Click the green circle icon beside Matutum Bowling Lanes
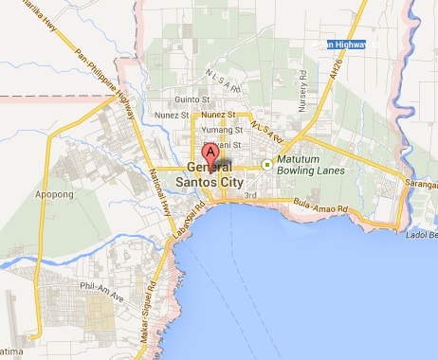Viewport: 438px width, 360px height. pyautogui.click(x=267, y=165)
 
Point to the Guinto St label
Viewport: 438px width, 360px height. pyautogui.click(x=191, y=99)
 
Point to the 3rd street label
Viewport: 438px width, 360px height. pyautogui.click(x=250, y=196)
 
